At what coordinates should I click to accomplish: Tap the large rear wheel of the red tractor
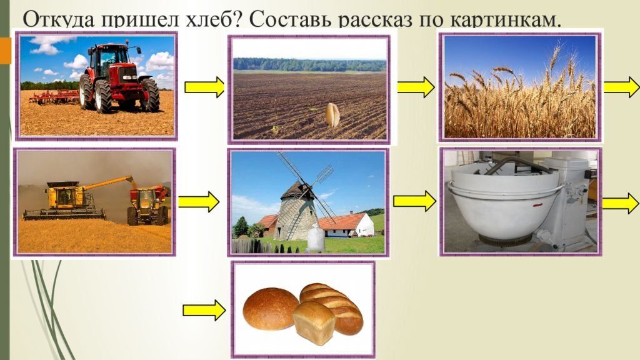tap(102, 96)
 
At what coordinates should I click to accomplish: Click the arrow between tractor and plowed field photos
tap(204, 87)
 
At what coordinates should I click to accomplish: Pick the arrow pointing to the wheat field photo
tap(416, 87)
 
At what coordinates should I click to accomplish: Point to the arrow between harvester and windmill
tap(198, 201)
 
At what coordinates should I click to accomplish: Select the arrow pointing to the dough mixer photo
tap(414, 201)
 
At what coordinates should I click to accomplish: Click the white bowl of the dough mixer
tap(505, 205)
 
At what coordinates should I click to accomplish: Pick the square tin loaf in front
tap(314, 322)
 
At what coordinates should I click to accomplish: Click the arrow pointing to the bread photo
tap(204, 310)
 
